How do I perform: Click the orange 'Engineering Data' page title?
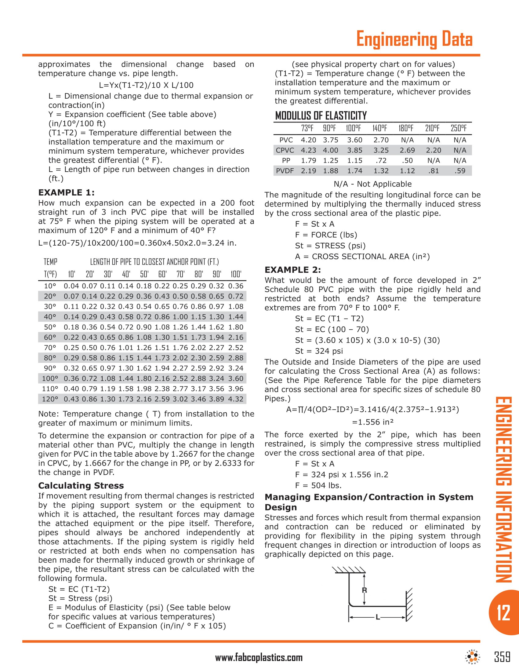coord(414,39)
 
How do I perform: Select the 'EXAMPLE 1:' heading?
coord(67,193)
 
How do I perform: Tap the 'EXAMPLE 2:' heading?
coord(293,270)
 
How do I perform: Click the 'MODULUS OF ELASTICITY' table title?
coord(321,116)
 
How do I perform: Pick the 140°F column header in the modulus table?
coord(380,128)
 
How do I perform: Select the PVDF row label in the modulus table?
coord(285,171)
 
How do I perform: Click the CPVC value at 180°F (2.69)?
coord(407,150)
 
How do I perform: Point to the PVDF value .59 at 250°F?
coord(460,171)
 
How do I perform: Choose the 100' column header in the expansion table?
coord(236,274)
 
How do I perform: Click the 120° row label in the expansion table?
coord(50,399)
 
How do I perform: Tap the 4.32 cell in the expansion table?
coord(236,399)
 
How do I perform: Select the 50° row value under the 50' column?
coord(144,327)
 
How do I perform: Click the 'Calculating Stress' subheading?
coord(81,486)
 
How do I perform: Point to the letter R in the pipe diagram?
coord(364,590)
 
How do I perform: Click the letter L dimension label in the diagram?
coord(378,617)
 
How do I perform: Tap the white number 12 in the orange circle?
coord(503,613)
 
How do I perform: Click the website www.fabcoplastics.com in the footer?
coord(259,658)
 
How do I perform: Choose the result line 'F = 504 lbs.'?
coord(318,486)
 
